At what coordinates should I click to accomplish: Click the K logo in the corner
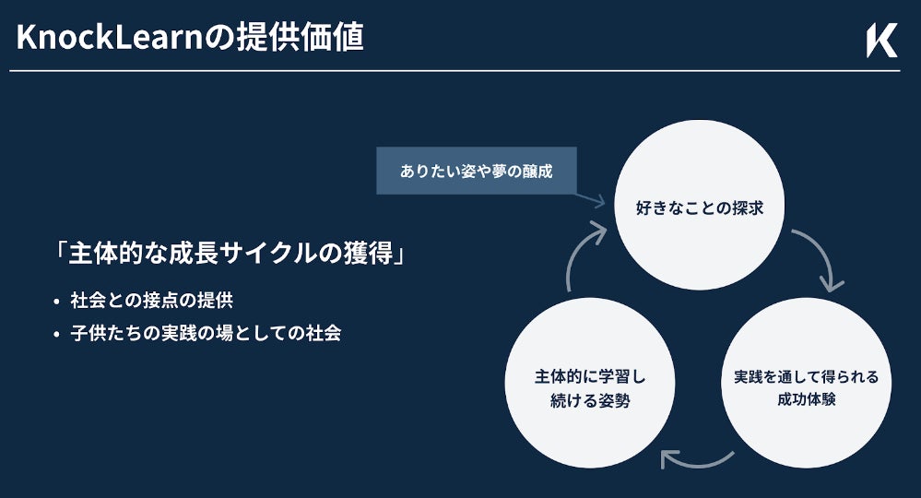click(881, 41)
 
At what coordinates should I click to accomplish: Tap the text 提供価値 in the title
click(322, 38)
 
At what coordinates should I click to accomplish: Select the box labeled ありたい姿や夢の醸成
click(476, 171)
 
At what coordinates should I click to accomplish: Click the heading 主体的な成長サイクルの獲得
click(230, 253)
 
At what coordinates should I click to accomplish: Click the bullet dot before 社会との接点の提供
click(57, 302)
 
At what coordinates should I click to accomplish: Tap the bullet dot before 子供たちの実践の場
click(57, 334)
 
